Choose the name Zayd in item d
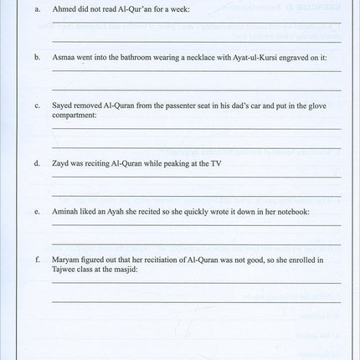(x=61, y=162)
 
